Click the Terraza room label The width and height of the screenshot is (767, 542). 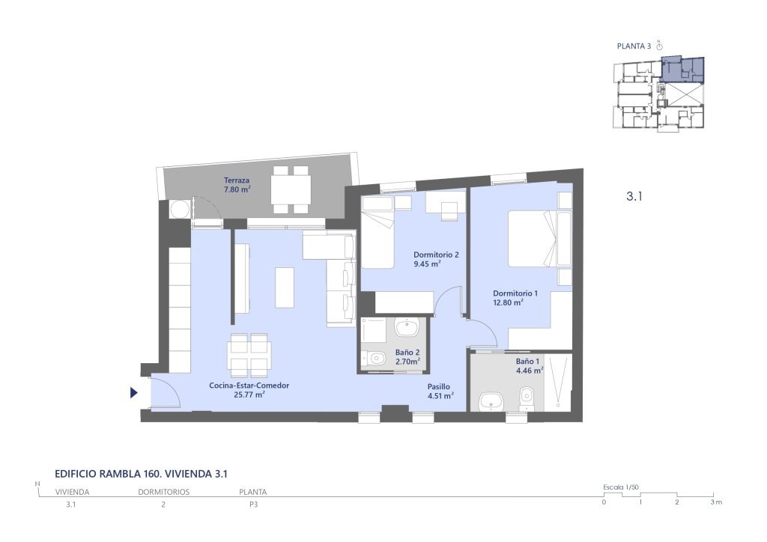(x=237, y=180)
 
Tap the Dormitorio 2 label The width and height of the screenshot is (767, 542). (x=436, y=255)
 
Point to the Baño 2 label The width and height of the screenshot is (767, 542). (x=407, y=353)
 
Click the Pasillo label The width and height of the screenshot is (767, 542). (x=438, y=386)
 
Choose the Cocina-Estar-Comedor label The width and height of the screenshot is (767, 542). (x=249, y=385)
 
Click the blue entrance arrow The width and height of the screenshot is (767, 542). (x=133, y=392)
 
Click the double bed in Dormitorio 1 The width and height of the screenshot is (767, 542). (x=533, y=239)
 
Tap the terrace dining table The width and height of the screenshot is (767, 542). (x=291, y=189)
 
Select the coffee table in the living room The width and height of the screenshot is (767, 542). (x=284, y=287)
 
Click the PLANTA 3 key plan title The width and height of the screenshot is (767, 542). (x=634, y=46)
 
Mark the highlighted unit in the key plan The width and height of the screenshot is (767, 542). (x=682, y=69)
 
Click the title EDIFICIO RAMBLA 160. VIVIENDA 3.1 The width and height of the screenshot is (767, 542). (x=142, y=474)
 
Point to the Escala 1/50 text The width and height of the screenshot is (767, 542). (x=621, y=487)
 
